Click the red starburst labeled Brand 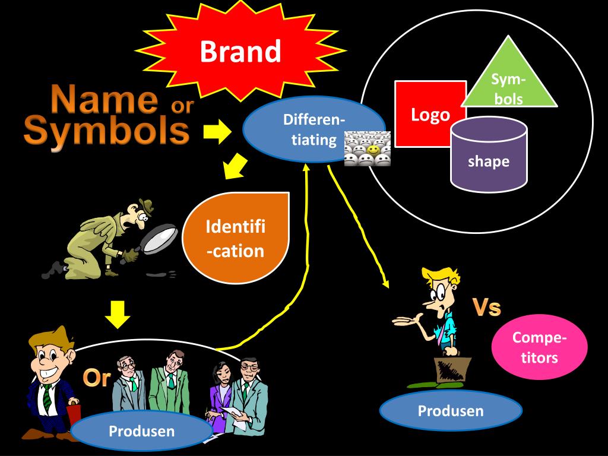(240, 52)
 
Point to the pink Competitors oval (539, 348)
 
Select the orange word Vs (486, 308)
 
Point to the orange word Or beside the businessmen (97, 378)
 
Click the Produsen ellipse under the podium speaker (451, 410)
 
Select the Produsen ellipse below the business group (141, 430)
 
